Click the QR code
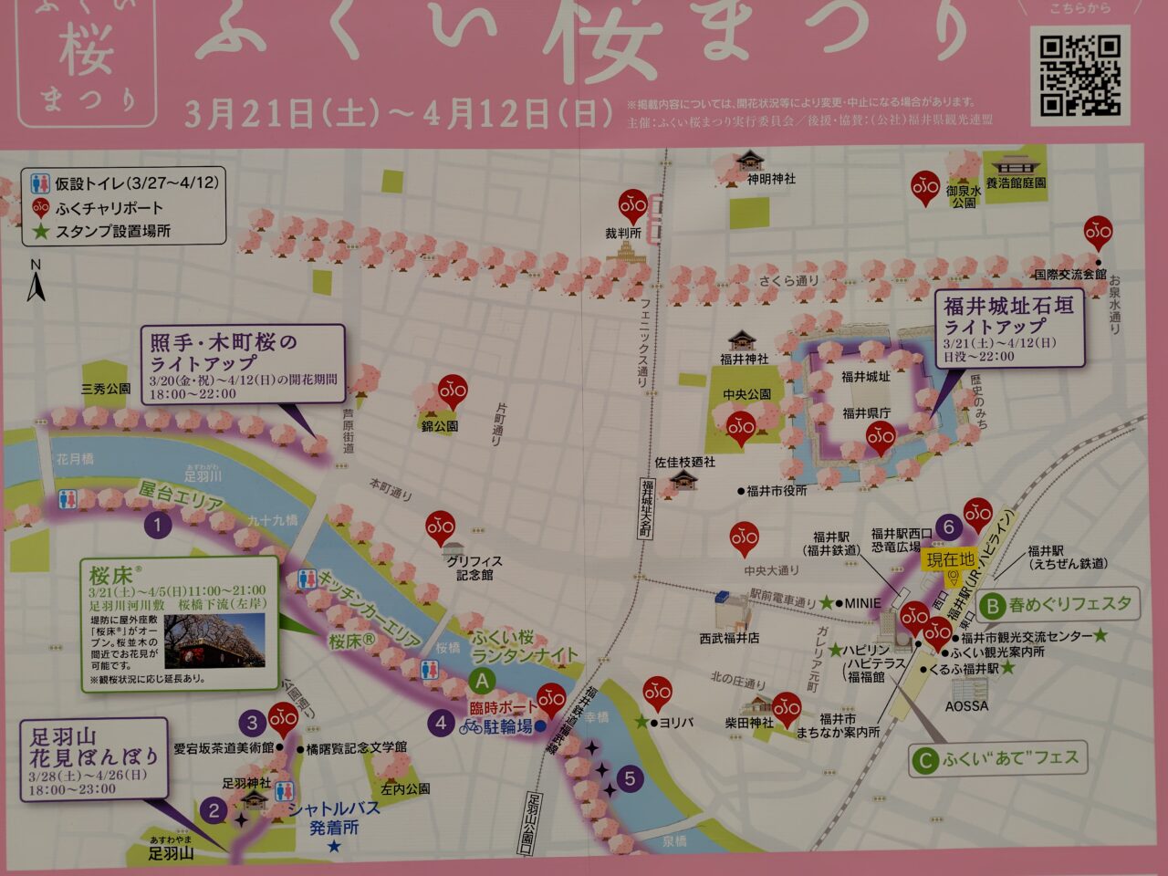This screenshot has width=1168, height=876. (1080, 76)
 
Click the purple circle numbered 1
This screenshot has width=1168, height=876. (158, 525)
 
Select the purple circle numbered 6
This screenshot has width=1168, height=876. (949, 527)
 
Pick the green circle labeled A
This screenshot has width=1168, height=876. (482, 681)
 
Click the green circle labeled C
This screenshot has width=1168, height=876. (926, 759)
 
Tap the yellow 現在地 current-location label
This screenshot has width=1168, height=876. (950, 559)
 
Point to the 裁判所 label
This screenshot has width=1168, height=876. (623, 234)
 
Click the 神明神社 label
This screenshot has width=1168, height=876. (771, 179)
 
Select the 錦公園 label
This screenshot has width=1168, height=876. (440, 426)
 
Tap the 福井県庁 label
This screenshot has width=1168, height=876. (866, 413)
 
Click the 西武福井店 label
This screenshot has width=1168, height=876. (729, 638)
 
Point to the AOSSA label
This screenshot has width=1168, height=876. (966, 705)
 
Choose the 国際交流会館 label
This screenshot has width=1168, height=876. (1069, 274)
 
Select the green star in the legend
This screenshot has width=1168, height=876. (40, 231)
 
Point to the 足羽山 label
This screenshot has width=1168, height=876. (172, 854)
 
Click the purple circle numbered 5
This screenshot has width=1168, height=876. (630, 778)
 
